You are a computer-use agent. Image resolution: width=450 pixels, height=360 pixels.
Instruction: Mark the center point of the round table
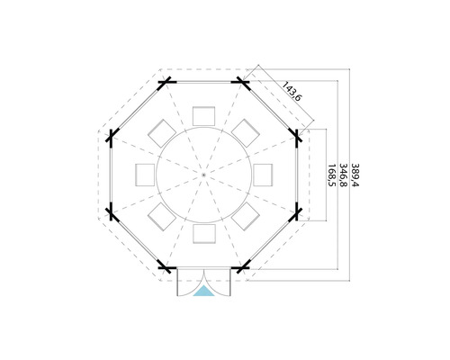[x=204, y=173]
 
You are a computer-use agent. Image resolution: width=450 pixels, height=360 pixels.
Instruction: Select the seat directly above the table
[x=204, y=114]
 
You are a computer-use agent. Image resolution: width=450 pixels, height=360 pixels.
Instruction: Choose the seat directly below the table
[x=204, y=233]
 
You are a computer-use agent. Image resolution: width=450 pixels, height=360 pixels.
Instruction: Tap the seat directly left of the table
[x=145, y=173]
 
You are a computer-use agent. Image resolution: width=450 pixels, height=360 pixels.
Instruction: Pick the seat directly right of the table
[x=264, y=173]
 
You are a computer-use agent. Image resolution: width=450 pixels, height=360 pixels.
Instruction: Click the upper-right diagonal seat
[x=246, y=131]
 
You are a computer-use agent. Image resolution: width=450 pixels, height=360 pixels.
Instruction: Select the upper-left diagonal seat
[x=162, y=131]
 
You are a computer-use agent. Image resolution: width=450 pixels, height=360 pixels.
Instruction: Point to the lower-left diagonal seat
[x=162, y=215]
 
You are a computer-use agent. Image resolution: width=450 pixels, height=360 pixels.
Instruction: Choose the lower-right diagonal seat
[x=246, y=215]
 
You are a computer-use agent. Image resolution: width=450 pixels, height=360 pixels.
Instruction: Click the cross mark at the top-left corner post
[x=165, y=84]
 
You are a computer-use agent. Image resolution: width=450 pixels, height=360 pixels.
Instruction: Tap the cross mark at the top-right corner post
[x=243, y=84]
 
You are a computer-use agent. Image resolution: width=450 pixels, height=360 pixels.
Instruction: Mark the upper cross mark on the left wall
[x=112, y=137]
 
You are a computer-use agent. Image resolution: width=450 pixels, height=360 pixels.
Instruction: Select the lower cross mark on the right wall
[x=296, y=211]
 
